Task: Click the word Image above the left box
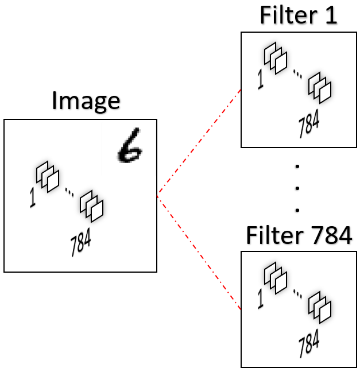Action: coord(86,101)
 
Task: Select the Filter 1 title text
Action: coord(298,15)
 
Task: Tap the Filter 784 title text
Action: coord(299,235)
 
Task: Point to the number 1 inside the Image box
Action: coord(32,198)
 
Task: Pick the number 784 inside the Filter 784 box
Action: coord(309,345)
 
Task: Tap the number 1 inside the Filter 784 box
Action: coord(260,299)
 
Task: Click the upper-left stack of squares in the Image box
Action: coord(47,176)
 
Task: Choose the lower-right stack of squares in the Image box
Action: coord(91,206)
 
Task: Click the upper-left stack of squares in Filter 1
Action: coord(275,57)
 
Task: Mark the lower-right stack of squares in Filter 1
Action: coord(320,88)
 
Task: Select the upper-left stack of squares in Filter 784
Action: coord(275,278)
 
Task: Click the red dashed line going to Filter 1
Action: coord(199,142)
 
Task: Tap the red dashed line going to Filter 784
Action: coord(199,253)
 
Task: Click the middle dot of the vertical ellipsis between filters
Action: coord(297,188)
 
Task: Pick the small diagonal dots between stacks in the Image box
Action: coord(69,191)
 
